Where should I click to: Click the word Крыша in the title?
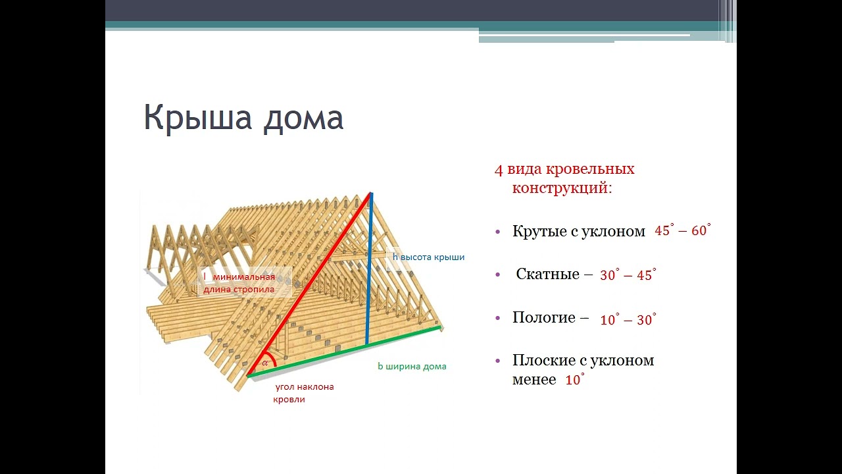tap(197, 118)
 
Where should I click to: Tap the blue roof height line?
tap(369, 269)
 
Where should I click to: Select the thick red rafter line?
tap(309, 284)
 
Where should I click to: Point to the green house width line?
tap(344, 352)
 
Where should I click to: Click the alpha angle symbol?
tap(265, 363)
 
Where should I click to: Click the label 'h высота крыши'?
tap(428, 257)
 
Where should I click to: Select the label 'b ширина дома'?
tap(412, 367)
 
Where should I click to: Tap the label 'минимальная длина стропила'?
tap(239, 283)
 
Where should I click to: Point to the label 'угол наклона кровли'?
tap(304, 393)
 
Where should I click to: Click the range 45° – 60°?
tap(683, 230)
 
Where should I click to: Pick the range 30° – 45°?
tap(628, 275)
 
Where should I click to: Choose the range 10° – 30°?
tap(628, 319)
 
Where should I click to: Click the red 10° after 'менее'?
tap(575, 380)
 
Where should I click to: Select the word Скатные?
tap(547, 275)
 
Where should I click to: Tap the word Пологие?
tap(544, 318)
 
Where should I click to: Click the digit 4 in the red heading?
tap(499, 171)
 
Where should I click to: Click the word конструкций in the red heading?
tap(562, 188)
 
